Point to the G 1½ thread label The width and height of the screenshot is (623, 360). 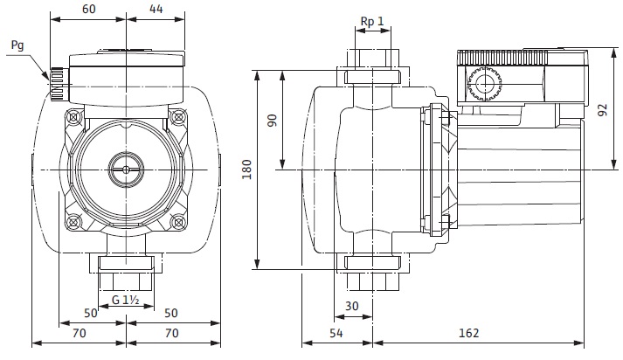pyautogui.click(x=128, y=301)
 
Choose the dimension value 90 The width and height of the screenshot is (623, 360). pyautogui.click(x=271, y=121)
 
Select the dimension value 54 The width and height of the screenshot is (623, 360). pyautogui.click(x=336, y=333)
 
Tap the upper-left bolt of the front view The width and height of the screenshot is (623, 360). pyautogui.click(x=74, y=116)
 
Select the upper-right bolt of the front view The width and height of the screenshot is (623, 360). pyautogui.click(x=178, y=116)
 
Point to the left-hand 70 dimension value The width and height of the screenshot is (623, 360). pyautogui.click(x=79, y=333)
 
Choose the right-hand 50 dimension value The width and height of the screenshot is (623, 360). pyautogui.click(x=171, y=312)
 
